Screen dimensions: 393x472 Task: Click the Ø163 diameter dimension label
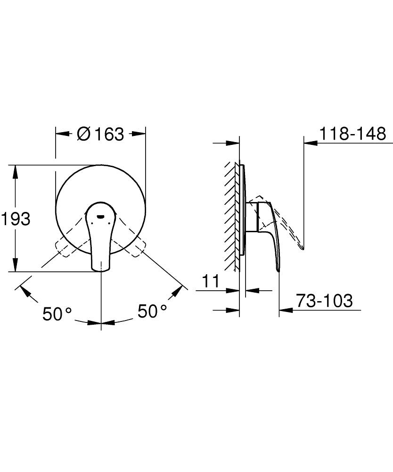pos(100,134)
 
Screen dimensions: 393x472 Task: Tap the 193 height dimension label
pos(16,219)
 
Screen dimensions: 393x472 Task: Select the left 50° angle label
pos(57,313)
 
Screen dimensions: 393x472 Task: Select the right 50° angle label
pos(152,311)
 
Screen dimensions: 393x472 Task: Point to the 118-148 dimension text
pos(353,134)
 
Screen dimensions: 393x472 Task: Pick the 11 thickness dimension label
pos(211,281)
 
